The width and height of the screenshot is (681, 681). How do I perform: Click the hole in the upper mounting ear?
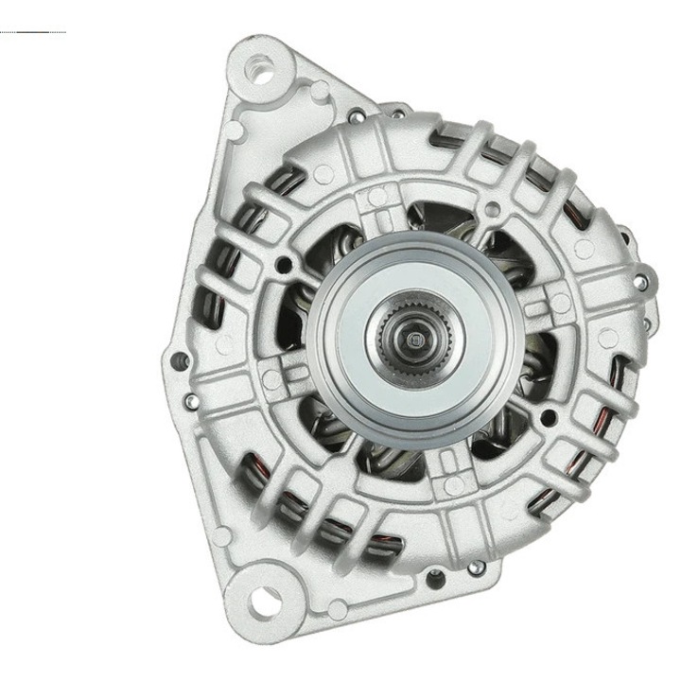(260, 67)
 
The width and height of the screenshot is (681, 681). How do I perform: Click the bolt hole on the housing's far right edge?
(644, 282)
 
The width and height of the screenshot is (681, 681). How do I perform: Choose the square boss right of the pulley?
(560, 303)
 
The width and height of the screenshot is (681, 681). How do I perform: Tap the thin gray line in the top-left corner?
(33, 32)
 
